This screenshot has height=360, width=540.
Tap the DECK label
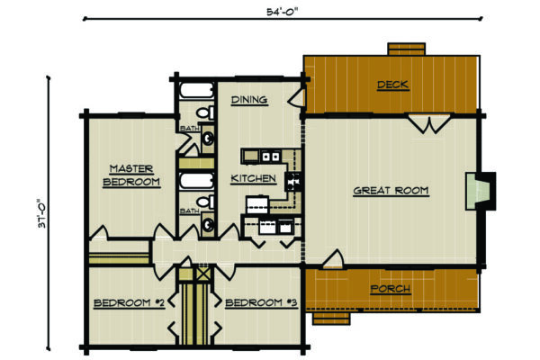(x=392, y=85)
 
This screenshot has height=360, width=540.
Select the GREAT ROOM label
(x=390, y=191)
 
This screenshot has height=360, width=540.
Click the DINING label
(x=248, y=100)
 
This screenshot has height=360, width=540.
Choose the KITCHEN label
(x=253, y=178)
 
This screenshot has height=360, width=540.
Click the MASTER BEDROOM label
(x=133, y=175)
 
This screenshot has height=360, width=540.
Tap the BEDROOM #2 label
(x=129, y=303)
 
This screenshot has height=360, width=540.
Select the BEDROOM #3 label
(x=262, y=303)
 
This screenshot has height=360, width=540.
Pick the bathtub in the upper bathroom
(x=194, y=91)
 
